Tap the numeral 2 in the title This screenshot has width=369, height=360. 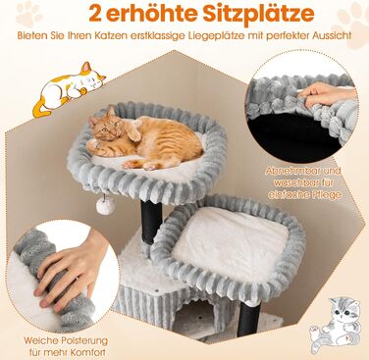tap(96, 14)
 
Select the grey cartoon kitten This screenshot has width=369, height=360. tap(334, 325)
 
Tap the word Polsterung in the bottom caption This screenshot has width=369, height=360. tap(84, 340)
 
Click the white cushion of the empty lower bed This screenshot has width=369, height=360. tap(230, 243)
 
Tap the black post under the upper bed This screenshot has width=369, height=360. tap(151, 222)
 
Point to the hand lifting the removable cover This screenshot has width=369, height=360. tap(327, 94)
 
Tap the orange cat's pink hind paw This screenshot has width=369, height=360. tap(150, 167)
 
